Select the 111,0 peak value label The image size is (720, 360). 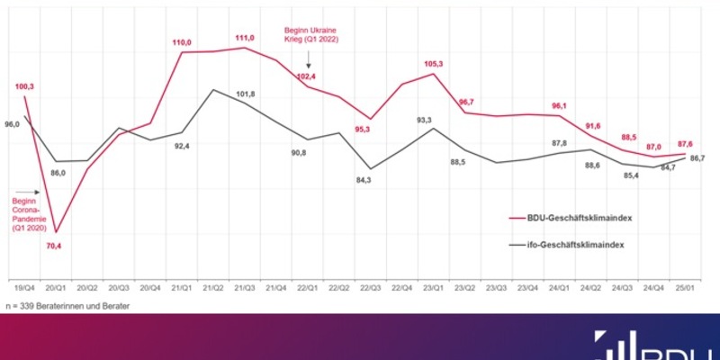[x=244, y=38]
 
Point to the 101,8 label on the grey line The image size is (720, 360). [x=245, y=94]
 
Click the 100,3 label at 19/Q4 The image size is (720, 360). [x=24, y=86]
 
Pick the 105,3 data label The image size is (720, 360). [x=435, y=64]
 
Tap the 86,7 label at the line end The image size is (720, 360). [x=696, y=158]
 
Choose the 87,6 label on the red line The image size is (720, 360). [x=686, y=143]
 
